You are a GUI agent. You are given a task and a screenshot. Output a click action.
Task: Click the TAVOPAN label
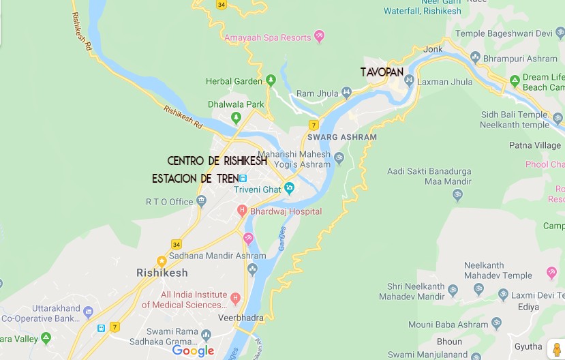(x=382, y=72)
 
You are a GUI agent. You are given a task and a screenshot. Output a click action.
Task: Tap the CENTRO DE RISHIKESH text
(x=217, y=161)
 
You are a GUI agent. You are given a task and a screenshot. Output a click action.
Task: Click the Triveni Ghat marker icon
(x=290, y=187)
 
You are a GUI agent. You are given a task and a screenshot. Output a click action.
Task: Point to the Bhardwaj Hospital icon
(x=242, y=211)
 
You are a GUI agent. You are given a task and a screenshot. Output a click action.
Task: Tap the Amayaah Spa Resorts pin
(x=320, y=37)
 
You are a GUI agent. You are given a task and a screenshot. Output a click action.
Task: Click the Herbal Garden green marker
(x=271, y=80)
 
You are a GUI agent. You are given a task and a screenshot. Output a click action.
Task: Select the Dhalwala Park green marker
(x=236, y=117)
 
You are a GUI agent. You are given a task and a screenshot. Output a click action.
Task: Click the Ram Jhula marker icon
(x=346, y=92)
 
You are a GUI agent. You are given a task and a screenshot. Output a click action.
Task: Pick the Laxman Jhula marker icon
(x=409, y=81)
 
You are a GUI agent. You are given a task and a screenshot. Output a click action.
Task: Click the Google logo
(x=193, y=351)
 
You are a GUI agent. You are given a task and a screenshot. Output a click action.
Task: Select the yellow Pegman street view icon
(x=556, y=349)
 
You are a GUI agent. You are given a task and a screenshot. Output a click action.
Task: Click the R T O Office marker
(x=201, y=201)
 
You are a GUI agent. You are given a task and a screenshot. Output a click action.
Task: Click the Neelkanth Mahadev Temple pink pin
(x=551, y=273)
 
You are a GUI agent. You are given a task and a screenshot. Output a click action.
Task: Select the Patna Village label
(x=535, y=145)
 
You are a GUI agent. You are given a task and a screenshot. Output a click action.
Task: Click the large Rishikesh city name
(x=162, y=273)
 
